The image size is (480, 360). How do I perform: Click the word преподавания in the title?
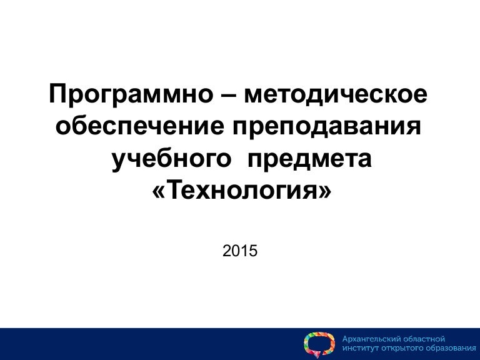pyautogui.click(x=324, y=127)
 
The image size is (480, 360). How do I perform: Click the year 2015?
pyautogui.click(x=240, y=251)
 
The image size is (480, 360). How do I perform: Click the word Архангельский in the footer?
pyautogui.click(x=371, y=339)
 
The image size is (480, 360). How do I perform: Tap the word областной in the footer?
pyautogui.click(x=423, y=339)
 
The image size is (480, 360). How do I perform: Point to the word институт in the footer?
pyautogui.click(x=361, y=349)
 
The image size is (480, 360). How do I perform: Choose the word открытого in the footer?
pyautogui.click(x=400, y=349)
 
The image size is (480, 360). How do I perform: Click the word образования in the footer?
pyautogui.click(x=446, y=349)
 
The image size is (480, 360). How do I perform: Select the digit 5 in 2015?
pyautogui.click(x=253, y=251)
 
